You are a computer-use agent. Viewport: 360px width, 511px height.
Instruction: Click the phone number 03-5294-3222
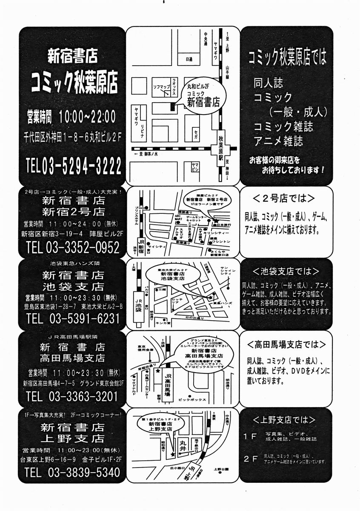pos(81,166)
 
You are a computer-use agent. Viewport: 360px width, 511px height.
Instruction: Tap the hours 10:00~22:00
pos(87,115)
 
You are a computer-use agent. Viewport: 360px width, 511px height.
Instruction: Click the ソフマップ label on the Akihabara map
pos(162,87)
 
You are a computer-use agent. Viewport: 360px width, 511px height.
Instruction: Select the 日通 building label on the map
pos(189,60)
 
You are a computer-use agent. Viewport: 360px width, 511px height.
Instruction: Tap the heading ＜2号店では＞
pos(283,199)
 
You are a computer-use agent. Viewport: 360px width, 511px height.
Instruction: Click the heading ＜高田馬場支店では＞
pos(286,344)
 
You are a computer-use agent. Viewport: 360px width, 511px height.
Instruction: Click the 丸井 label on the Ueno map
pos(183,443)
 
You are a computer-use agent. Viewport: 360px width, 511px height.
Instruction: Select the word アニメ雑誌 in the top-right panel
pos(278,140)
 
